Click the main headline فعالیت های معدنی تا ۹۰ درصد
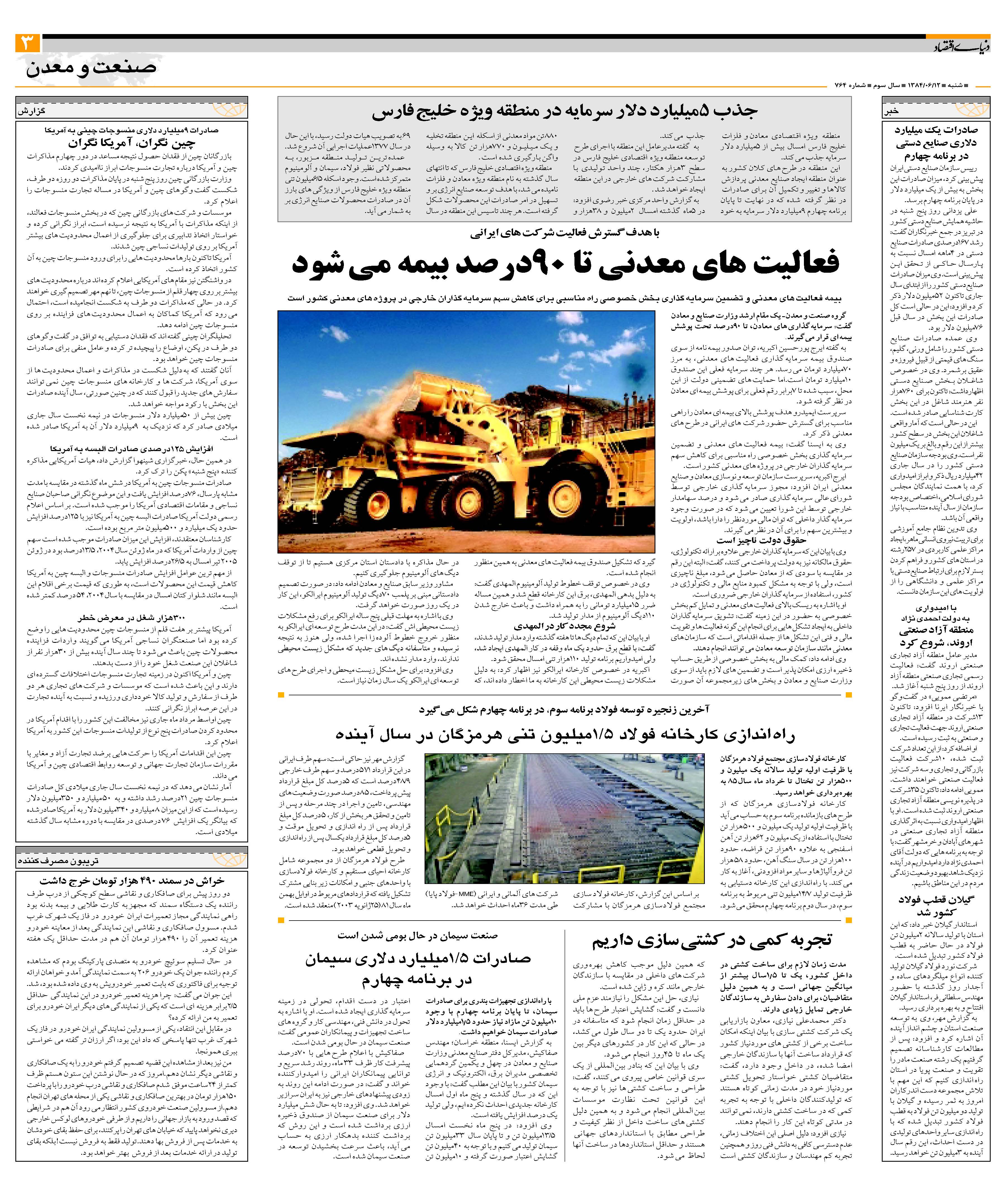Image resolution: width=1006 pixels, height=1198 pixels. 565,263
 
